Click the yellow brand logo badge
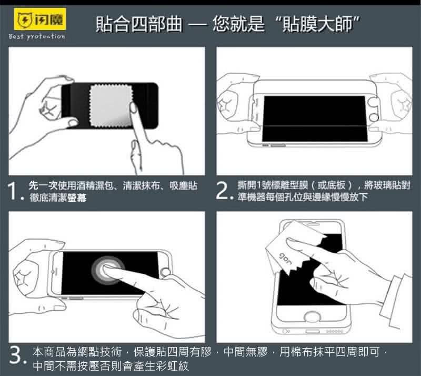[40, 19]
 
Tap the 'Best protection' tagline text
[37, 36]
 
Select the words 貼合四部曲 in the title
[139, 24]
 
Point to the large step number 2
[223, 191]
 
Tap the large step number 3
[16, 355]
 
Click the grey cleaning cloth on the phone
[111, 105]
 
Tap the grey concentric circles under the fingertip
[108, 270]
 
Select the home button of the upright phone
[312, 316]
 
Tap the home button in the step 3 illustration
[165, 273]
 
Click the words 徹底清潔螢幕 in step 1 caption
[58, 197]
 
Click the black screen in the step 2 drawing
[314, 118]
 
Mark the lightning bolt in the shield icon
[25, 19]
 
